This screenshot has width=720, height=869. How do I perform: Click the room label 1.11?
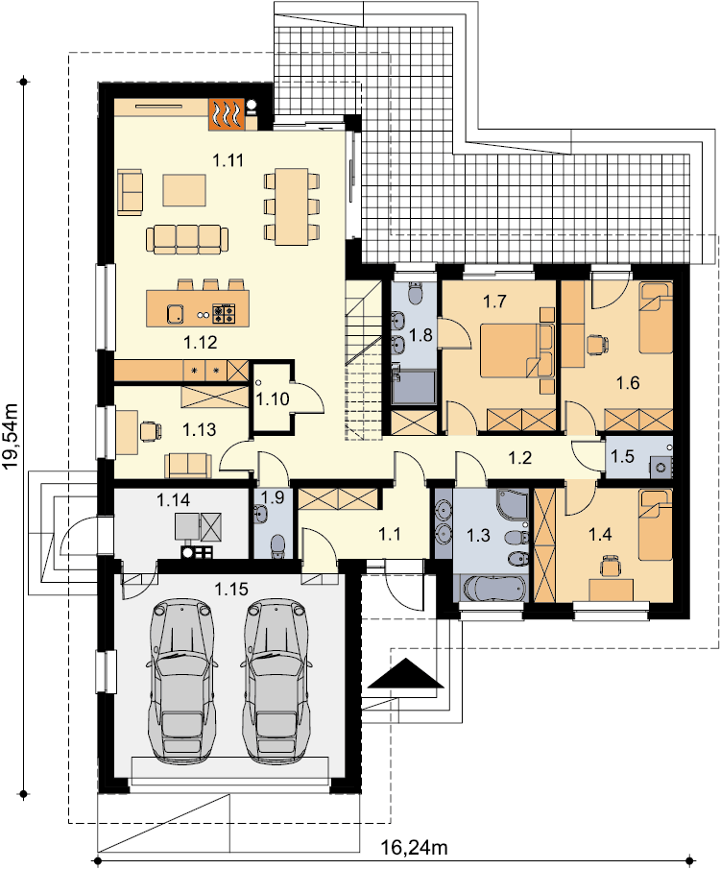pyautogui.click(x=228, y=160)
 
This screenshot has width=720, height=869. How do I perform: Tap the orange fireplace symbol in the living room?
pyautogui.click(x=227, y=114)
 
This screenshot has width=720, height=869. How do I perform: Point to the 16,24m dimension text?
pyautogui.click(x=414, y=847)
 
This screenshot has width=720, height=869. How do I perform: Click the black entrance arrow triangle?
pyautogui.click(x=406, y=673)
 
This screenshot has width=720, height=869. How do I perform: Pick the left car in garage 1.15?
pyautogui.click(x=180, y=681)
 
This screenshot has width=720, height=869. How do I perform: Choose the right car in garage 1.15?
pyautogui.click(x=275, y=681)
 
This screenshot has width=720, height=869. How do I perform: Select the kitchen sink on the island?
pyautogui.click(x=176, y=314)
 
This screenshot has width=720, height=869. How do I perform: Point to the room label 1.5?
pyautogui.click(x=622, y=456)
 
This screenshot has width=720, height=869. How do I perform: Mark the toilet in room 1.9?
pyautogui.click(x=276, y=546)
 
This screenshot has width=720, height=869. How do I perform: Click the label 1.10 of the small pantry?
pyautogui.click(x=274, y=399)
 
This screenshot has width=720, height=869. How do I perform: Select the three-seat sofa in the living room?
pyautogui.click(x=187, y=239)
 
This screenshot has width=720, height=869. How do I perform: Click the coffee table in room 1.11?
pyautogui.click(x=184, y=190)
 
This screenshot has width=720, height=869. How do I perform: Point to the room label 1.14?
pyautogui.click(x=173, y=500)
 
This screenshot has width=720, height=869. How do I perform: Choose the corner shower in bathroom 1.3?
pyautogui.click(x=512, y=504)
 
